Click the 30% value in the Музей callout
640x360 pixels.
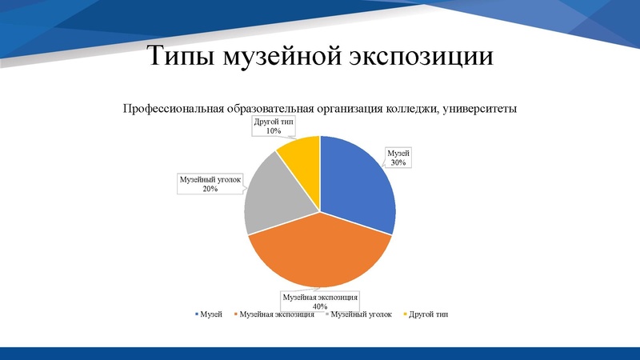coord(398,162)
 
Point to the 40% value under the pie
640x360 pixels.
coord(319,306)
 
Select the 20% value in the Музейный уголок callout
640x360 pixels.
coord(210,190)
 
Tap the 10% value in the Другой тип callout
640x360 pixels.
coord(274,130)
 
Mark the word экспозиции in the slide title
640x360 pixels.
coord(421,58)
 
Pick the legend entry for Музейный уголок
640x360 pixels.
coord(359,314)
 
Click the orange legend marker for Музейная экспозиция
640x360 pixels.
coord(235,314)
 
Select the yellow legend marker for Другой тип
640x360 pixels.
coord(406,314)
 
